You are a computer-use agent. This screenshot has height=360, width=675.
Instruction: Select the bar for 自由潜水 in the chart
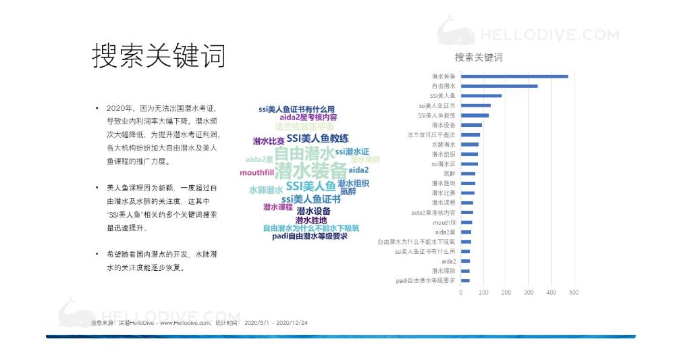[500, 86]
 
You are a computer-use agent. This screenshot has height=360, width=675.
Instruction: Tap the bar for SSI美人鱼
[481, 96]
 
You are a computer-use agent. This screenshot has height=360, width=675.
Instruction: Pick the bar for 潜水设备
[471, 125]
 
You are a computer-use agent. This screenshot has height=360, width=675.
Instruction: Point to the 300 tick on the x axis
[529, 292]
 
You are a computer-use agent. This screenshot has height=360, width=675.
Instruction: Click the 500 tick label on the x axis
[574, 292]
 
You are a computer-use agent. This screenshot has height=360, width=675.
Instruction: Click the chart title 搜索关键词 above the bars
[479, 57]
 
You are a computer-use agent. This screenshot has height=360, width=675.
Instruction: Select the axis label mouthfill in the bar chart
[444, 222]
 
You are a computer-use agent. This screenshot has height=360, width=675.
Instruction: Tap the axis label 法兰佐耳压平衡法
[431, 134]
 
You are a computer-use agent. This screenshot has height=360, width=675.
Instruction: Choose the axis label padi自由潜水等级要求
[426, 280]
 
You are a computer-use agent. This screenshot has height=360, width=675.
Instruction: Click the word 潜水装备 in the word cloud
[310, 170]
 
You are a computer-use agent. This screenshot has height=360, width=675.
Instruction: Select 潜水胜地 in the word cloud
[311, 220]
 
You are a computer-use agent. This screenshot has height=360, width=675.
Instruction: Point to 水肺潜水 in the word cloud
[265, 190]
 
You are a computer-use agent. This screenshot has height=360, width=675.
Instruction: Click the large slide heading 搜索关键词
[159, 57]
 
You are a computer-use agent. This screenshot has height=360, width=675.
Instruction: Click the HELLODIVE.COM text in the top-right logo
[549, 35]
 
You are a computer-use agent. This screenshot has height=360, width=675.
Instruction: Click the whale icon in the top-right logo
[455, 32]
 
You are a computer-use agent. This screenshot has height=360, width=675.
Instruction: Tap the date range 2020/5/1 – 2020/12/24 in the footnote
[276, 324]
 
